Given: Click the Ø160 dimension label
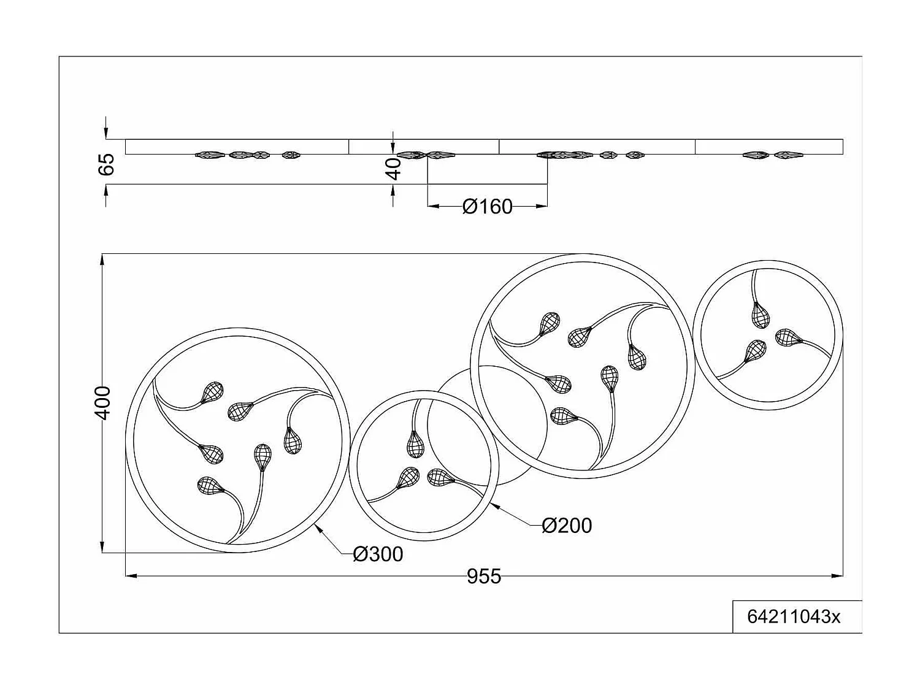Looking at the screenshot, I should pos(488,207).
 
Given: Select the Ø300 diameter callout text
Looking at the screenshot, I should pos(378,554).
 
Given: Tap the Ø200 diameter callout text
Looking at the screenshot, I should pos(567,526).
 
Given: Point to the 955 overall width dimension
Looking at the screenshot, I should pos(484,577).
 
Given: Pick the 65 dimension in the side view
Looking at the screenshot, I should pos(107,164).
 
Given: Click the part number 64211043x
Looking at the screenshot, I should pos(794,616).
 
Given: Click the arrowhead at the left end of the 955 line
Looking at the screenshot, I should pos(131,575).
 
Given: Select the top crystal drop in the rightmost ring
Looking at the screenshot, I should pos(761,315).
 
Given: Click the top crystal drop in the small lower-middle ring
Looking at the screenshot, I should pos(415,443).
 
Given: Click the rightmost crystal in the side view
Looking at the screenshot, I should pos(788,155).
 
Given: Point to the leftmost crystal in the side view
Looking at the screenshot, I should pos(207,155).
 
